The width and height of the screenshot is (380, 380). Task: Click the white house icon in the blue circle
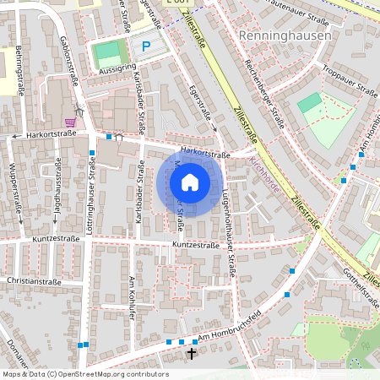coord(189,182)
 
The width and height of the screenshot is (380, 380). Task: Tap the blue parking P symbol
coord(146,47)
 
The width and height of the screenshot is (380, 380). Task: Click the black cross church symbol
coord(192,352)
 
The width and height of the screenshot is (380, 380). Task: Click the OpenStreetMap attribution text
coord(85,373)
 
